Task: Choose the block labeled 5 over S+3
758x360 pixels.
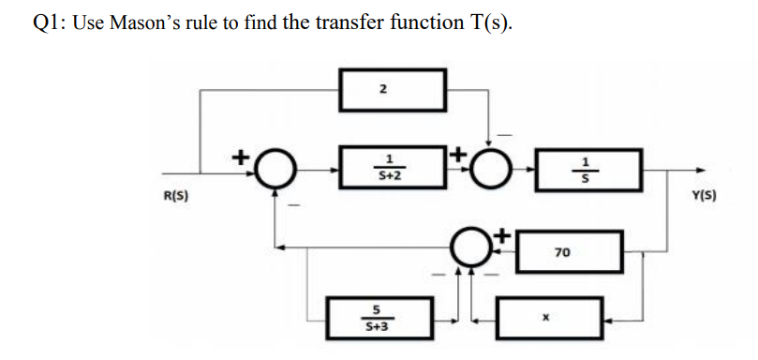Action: (377, 317)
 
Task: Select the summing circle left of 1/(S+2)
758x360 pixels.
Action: (274, 171)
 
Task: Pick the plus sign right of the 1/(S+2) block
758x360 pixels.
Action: (458, 150)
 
